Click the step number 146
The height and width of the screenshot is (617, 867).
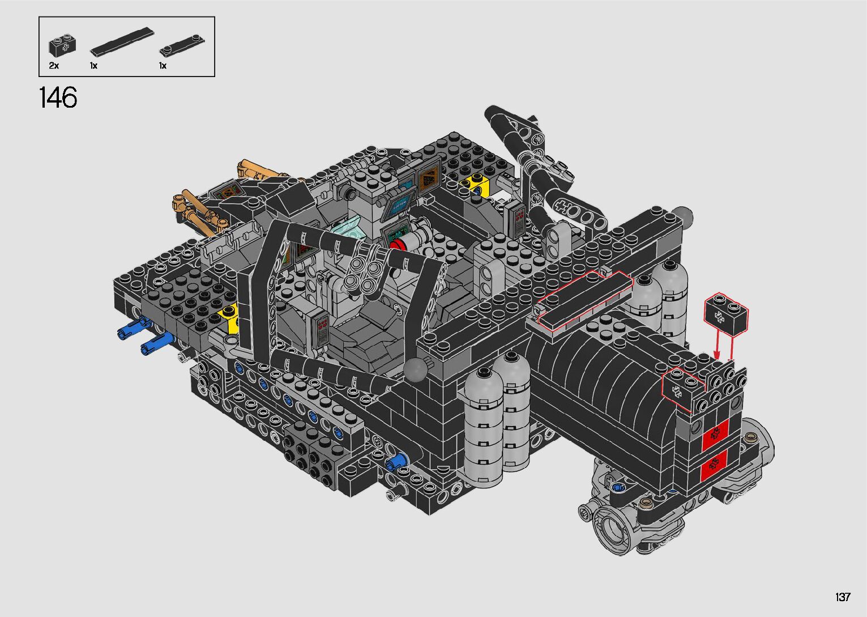58,97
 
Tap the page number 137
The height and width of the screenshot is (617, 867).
843,597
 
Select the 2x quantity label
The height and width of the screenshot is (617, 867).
54,66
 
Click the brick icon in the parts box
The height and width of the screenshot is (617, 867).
62,45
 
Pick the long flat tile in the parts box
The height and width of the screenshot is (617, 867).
122,42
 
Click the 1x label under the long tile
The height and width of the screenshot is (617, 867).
93,66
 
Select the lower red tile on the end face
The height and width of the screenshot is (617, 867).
714,465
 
